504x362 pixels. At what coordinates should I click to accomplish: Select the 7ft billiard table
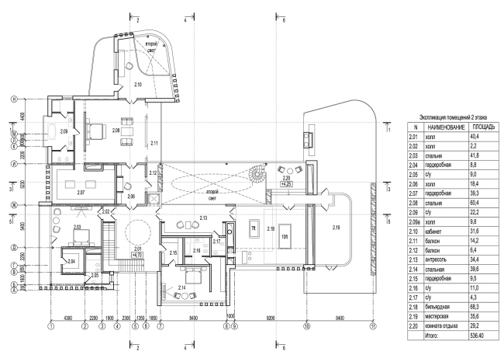click(254, 227)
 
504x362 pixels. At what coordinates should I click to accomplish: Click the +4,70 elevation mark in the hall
click(138, 254)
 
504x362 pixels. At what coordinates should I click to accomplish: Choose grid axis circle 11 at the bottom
click(373, 327)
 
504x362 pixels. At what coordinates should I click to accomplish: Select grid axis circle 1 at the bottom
click(50, 327)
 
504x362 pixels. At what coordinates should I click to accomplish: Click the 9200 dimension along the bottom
click(270, 318)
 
